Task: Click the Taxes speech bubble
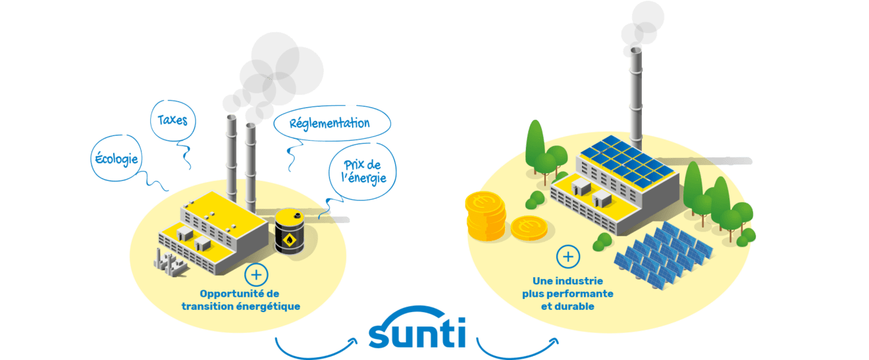(x=172, y=120)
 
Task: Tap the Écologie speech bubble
(x=117, y=158)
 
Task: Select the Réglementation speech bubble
(x=332, y=123)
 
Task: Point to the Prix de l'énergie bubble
(x=363, y=172)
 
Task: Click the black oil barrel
(x=290, y=232)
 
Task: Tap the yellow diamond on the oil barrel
(x=290, y=240)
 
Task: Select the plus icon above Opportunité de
(x=256, y=275)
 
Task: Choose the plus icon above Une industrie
(x=568, y=257)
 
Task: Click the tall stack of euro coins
(x=486, y=216)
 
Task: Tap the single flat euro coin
(x=529, y=228)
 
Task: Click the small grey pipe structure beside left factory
(x=170, y=263)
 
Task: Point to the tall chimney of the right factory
(x=635, y=99)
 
